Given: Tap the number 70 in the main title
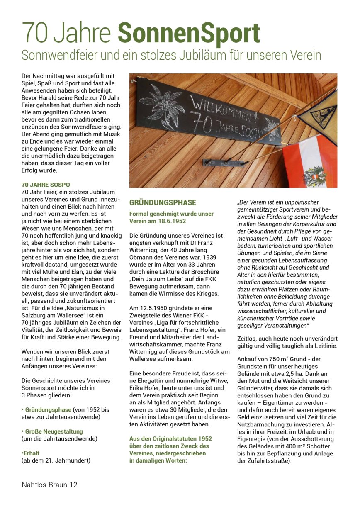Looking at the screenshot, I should point(35,33).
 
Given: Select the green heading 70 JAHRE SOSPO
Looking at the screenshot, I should point(46,184).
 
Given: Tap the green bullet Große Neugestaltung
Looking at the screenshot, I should point(54,431).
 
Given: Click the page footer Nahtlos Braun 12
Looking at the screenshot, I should point(49,485).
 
